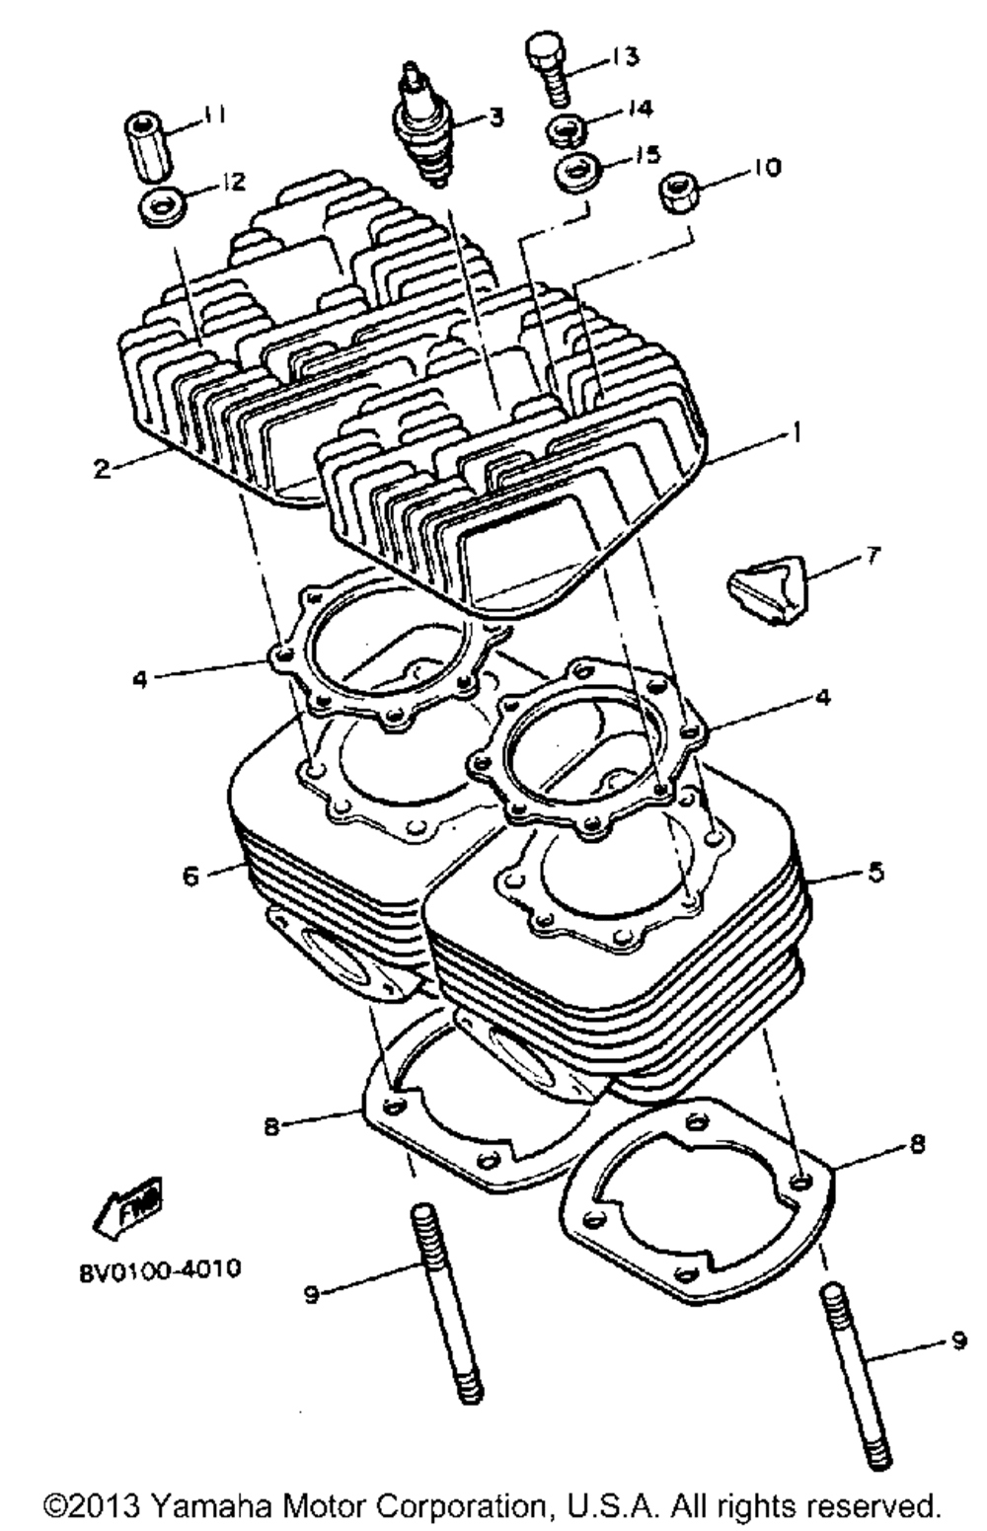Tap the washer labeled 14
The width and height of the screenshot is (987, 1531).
(x=565, y=130)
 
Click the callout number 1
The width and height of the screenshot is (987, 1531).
(x=797, y=431)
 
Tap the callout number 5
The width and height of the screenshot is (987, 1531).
(x=875, y=872)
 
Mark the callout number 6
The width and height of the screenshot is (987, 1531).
(x=191, y=875)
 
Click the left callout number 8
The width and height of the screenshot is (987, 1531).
(x=272, y=1124)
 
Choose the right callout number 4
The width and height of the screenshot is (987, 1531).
(x=821, y=698)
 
